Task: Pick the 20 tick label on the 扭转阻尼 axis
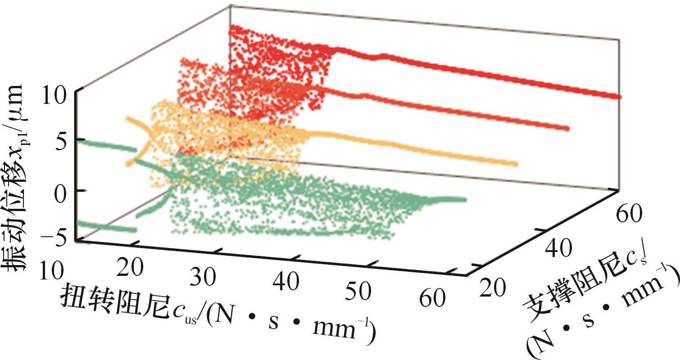(x=131, y=271)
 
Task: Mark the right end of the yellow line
(x=514, y=164)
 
